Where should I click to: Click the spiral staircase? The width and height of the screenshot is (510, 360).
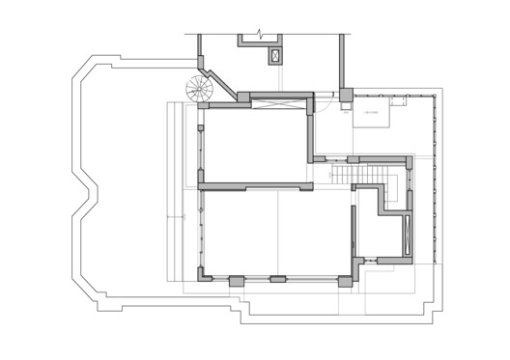200,91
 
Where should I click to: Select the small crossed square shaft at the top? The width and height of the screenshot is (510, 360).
276,55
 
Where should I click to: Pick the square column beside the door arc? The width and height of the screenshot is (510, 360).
346,95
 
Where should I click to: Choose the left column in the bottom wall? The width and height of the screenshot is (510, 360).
236,280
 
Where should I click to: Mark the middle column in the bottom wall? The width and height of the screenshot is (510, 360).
277,280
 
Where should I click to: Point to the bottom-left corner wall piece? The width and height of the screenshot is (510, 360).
205,274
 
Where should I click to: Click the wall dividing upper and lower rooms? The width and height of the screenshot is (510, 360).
253,186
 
